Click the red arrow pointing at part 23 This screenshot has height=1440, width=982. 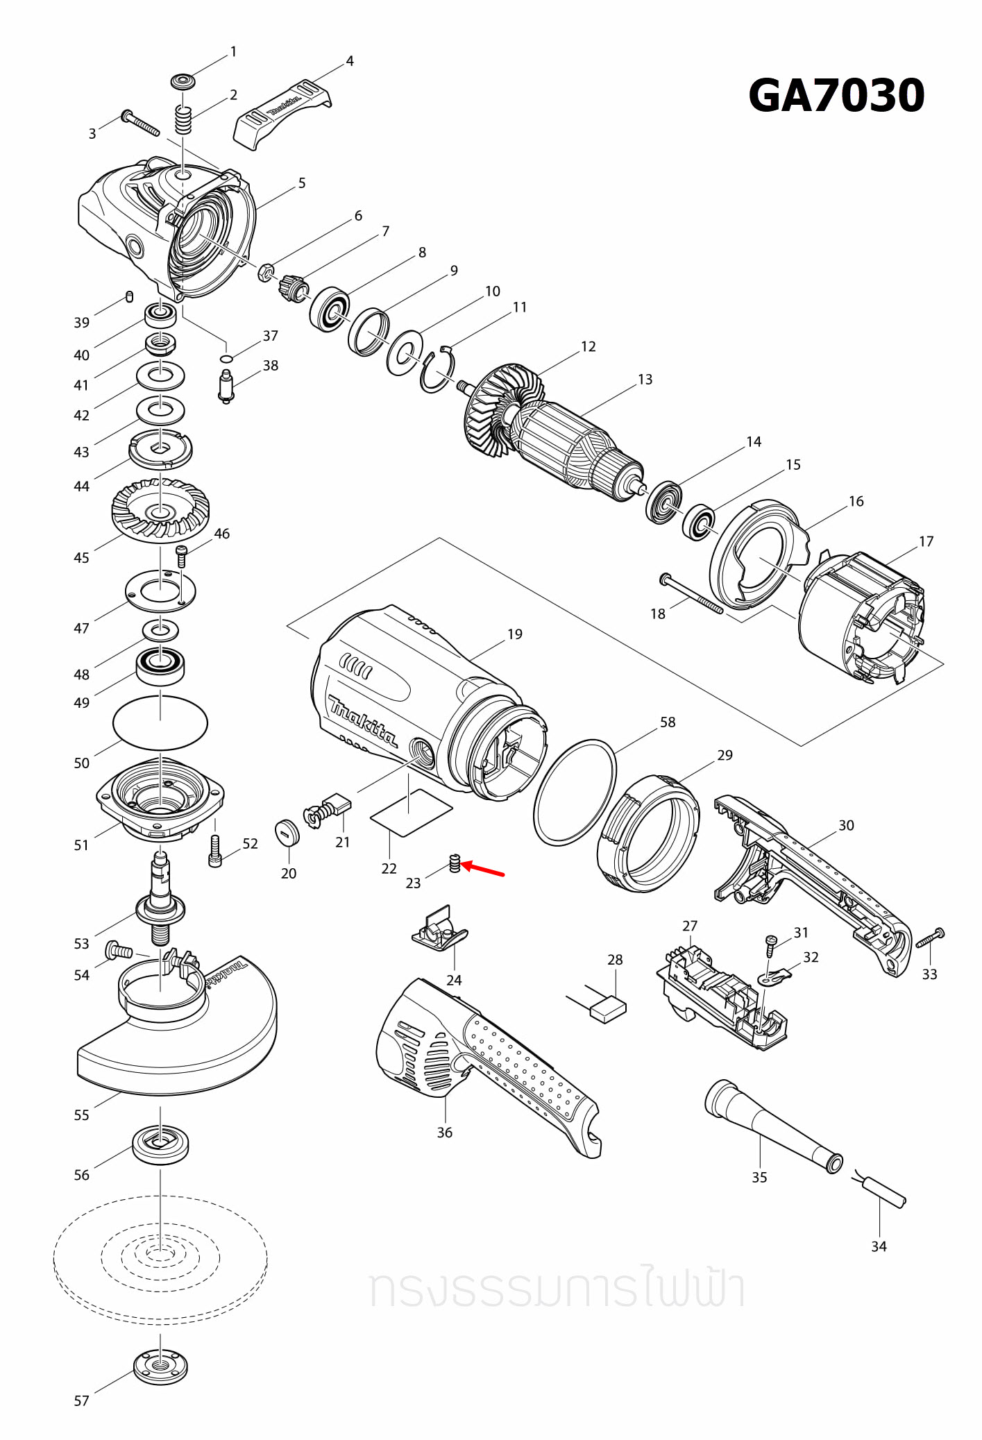(x=484, y=869)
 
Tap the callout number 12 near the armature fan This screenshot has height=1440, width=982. (x=588, y=346)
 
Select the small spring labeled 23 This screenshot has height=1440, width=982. (x=455, y=863)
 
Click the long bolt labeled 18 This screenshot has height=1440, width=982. (x=691, y=594)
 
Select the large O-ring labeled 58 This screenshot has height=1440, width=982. (x=575, y=793)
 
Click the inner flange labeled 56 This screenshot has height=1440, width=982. (x=160, y=1144)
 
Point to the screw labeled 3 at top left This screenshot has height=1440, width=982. (x=140, y=124)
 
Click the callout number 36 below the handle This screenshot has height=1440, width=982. (x=444, y=1132)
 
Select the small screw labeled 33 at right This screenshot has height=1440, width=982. (x=930, y=938)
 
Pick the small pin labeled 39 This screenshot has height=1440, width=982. (x=129, y=297)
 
